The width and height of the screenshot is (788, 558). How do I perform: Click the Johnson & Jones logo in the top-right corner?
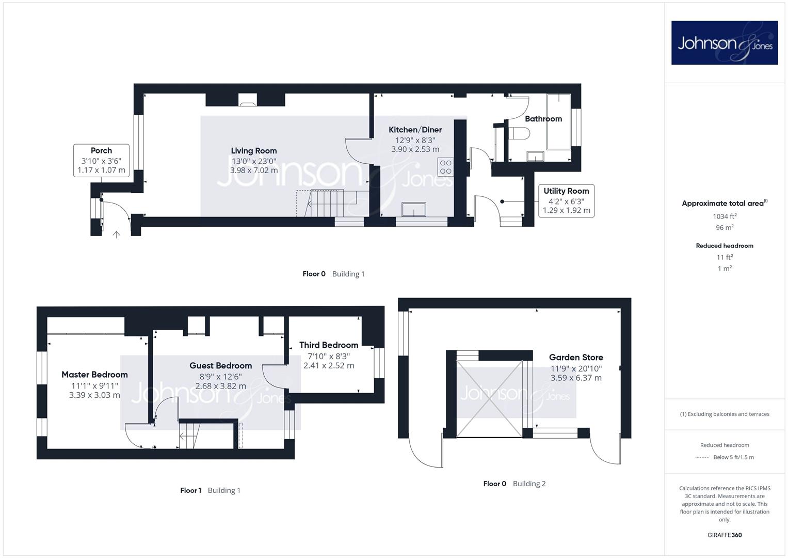click(725, 42)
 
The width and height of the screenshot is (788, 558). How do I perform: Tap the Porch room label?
click(101, 150)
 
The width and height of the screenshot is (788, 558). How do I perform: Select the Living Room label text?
click(254, 151)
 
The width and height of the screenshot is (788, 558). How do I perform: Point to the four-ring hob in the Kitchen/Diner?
click(445, 167)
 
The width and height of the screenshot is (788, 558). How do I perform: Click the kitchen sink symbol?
click(414, 209)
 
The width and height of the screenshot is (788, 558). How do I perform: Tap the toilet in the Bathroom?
click(519, 133)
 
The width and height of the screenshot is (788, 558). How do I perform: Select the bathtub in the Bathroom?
click(559, 122)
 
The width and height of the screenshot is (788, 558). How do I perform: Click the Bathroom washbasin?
click(535, 156)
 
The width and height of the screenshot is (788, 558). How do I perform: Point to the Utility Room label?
click(566, 191)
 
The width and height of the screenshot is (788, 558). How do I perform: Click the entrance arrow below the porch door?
click(117, 234)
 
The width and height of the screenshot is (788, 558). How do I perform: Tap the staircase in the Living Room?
click(327, 203)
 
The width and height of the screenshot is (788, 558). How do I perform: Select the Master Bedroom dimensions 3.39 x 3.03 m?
click(94, 395)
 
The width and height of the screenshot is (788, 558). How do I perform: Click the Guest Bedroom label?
click(220, 366)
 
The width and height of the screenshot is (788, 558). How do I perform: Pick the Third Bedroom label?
click(329, 345)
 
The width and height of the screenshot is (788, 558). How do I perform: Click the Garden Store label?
click(576, 357)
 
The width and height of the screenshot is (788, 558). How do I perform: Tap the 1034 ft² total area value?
click(725, 216)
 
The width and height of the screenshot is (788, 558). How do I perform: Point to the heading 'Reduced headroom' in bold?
click(725, 246)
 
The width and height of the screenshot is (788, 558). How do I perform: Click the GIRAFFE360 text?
click(725, 535)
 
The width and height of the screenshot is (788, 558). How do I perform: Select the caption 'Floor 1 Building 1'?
click(210, 490)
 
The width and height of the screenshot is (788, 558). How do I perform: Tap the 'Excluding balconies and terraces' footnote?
click(725, 414)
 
